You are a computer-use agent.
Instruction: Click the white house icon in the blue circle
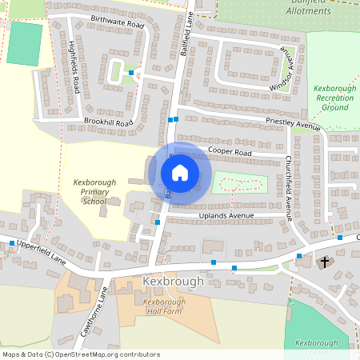tap(180, 172)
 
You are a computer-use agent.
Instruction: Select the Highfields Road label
tap(74, 66)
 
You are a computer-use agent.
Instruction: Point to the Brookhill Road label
tap(108, 122)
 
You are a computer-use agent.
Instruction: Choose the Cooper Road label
tap(230, 151)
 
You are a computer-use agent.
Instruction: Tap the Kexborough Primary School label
tap(90, 192)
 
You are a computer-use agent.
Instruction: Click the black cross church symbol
tap(326, 262)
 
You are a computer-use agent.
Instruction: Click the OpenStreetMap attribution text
tap(80, 354)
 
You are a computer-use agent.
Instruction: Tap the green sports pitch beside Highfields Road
tap(25, 45)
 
